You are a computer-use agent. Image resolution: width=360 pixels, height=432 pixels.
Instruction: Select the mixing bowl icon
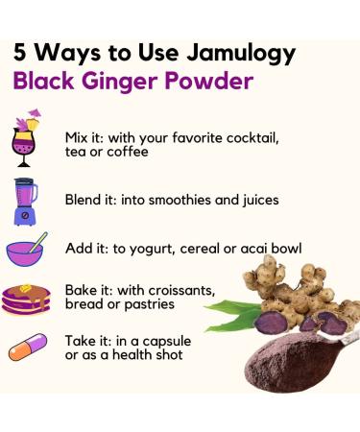[x=27, y=250]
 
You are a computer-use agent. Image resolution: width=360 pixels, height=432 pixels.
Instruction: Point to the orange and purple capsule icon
[x=27, y=348]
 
